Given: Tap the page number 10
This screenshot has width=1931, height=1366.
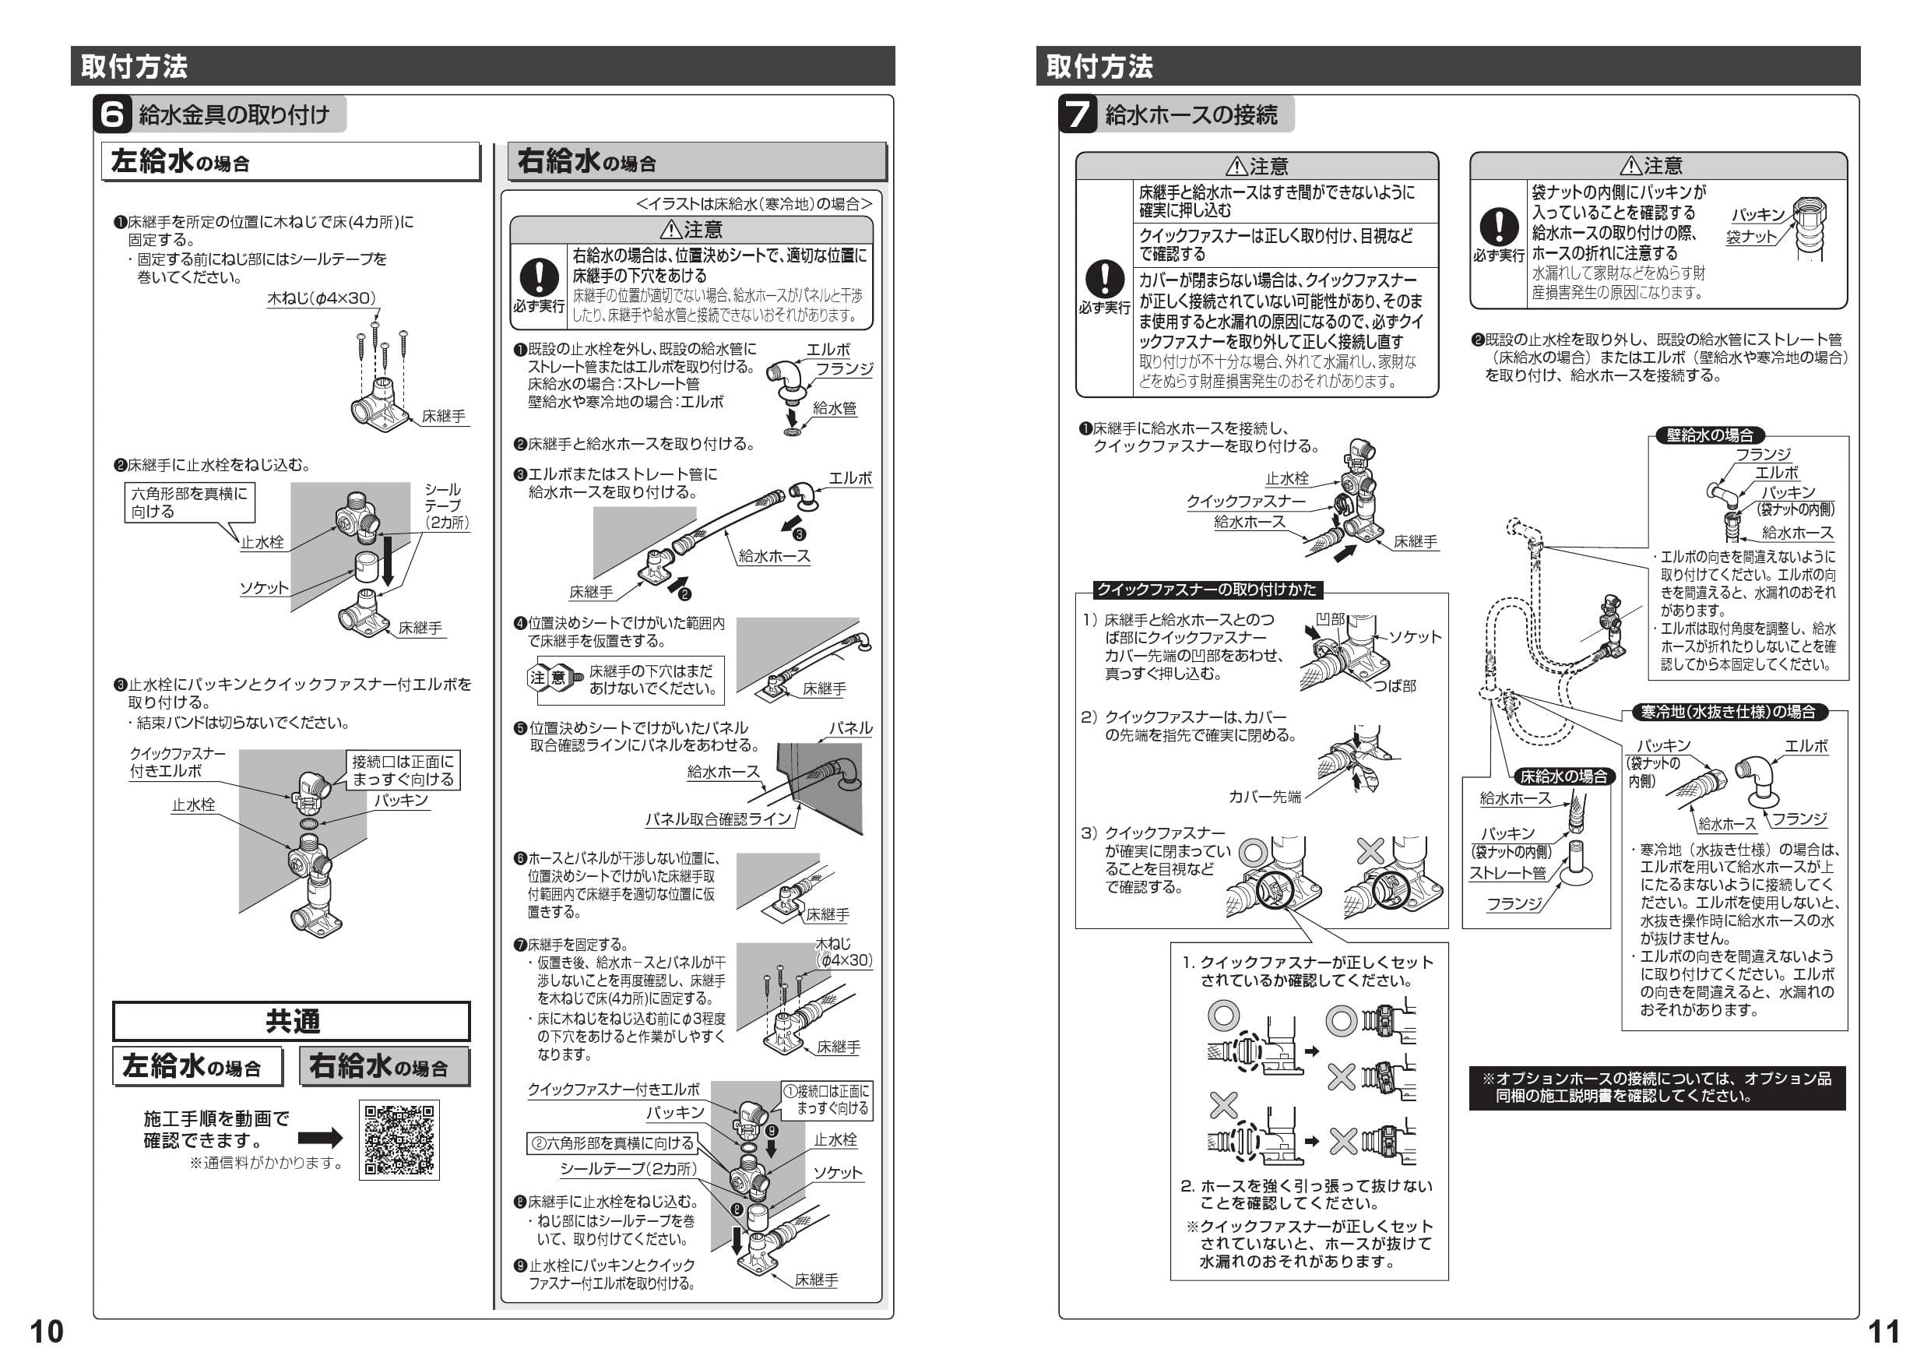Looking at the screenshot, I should point(46,1332).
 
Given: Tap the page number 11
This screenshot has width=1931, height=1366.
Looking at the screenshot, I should point(1884,1332).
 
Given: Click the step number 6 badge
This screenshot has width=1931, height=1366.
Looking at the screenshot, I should point(112,114).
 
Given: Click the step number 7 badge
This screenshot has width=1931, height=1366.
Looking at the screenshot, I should point(1078,114).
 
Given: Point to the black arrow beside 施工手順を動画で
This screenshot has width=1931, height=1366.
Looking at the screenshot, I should point(321,1137).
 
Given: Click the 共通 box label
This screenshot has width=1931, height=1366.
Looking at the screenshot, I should point(291,1021).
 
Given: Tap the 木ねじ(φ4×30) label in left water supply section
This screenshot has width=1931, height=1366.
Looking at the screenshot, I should point(322,298).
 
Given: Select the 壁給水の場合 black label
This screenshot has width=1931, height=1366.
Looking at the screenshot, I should point(1710,435).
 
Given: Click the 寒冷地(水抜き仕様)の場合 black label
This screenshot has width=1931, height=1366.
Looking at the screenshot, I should point(1728,712).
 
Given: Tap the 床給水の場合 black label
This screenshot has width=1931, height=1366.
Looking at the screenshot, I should point(1563,776).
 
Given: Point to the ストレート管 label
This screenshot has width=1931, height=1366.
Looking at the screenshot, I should point(1507,873).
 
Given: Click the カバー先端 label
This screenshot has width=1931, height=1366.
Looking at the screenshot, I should point(1264,796).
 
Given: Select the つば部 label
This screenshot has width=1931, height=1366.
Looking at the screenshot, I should point(1395,685).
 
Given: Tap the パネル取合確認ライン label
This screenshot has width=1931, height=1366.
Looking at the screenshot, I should point(718,819).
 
